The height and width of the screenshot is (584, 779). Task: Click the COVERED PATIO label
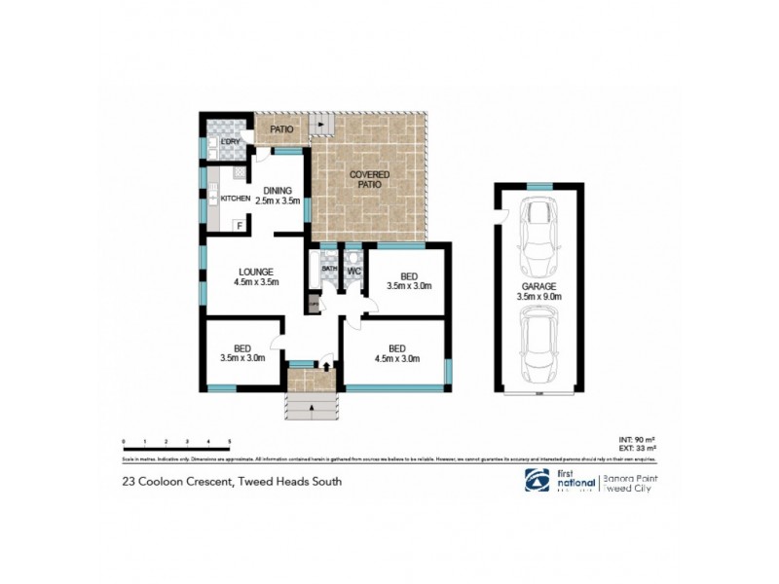pyautogui.click(x=370, y=179)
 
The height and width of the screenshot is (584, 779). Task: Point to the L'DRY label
pyautogui.click(x=231, y=143)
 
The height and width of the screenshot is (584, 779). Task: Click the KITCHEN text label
pyautogui.click(x=236, y=199)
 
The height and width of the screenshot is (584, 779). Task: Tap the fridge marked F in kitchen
pyautogui.click(x=238, y=226)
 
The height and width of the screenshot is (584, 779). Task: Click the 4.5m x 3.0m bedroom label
pyautogui.click(x=396, y=353)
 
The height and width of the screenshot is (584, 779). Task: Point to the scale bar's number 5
pyautogui.click(x=229, y=442)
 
